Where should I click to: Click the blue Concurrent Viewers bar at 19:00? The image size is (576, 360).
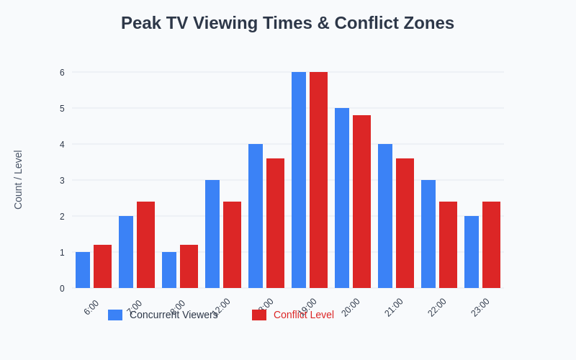pyautogui.click(x=299, y=180)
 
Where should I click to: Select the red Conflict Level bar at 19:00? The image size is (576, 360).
pyautogui.click(x=318, y=180)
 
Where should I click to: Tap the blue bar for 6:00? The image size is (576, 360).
pyautogui.click(x=83, y=270)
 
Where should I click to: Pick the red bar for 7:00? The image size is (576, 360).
pyautogui.click(x=145, y=245)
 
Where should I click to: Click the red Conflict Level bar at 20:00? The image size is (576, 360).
pyautogui.click(x=361, y=202)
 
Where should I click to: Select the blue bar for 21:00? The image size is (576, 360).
pyautogui.click(x=385, y=216)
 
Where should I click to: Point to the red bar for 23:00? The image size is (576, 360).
pyautogui.click(x=491, y=245)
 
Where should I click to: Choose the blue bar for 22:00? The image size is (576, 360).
pyautogui.click(x=428, y=234)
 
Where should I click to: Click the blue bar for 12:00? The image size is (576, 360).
pyautogui.click(x=212, y=234)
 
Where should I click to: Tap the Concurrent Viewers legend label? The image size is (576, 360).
pyautogui.click(x=174, y=315)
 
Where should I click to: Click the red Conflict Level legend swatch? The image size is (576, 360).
pyautogui.click(x=259, y=315)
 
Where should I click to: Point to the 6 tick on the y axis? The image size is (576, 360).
pyautogui.click(x=62, y=72)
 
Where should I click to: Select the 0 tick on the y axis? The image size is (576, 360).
pyautogui.click(x=62, y=288)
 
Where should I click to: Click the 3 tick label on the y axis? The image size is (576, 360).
pyautogui.click(x=62, y=180)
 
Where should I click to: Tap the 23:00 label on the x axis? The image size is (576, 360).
pyautogui.click(x=480, y=307)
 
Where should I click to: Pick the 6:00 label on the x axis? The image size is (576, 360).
pyautogui.click(x=91, y=307)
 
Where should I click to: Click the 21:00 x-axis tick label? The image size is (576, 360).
pyautogui.click(x=394, y=307)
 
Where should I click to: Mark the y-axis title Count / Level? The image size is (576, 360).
pyautogui.click(x=18, y=180)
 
